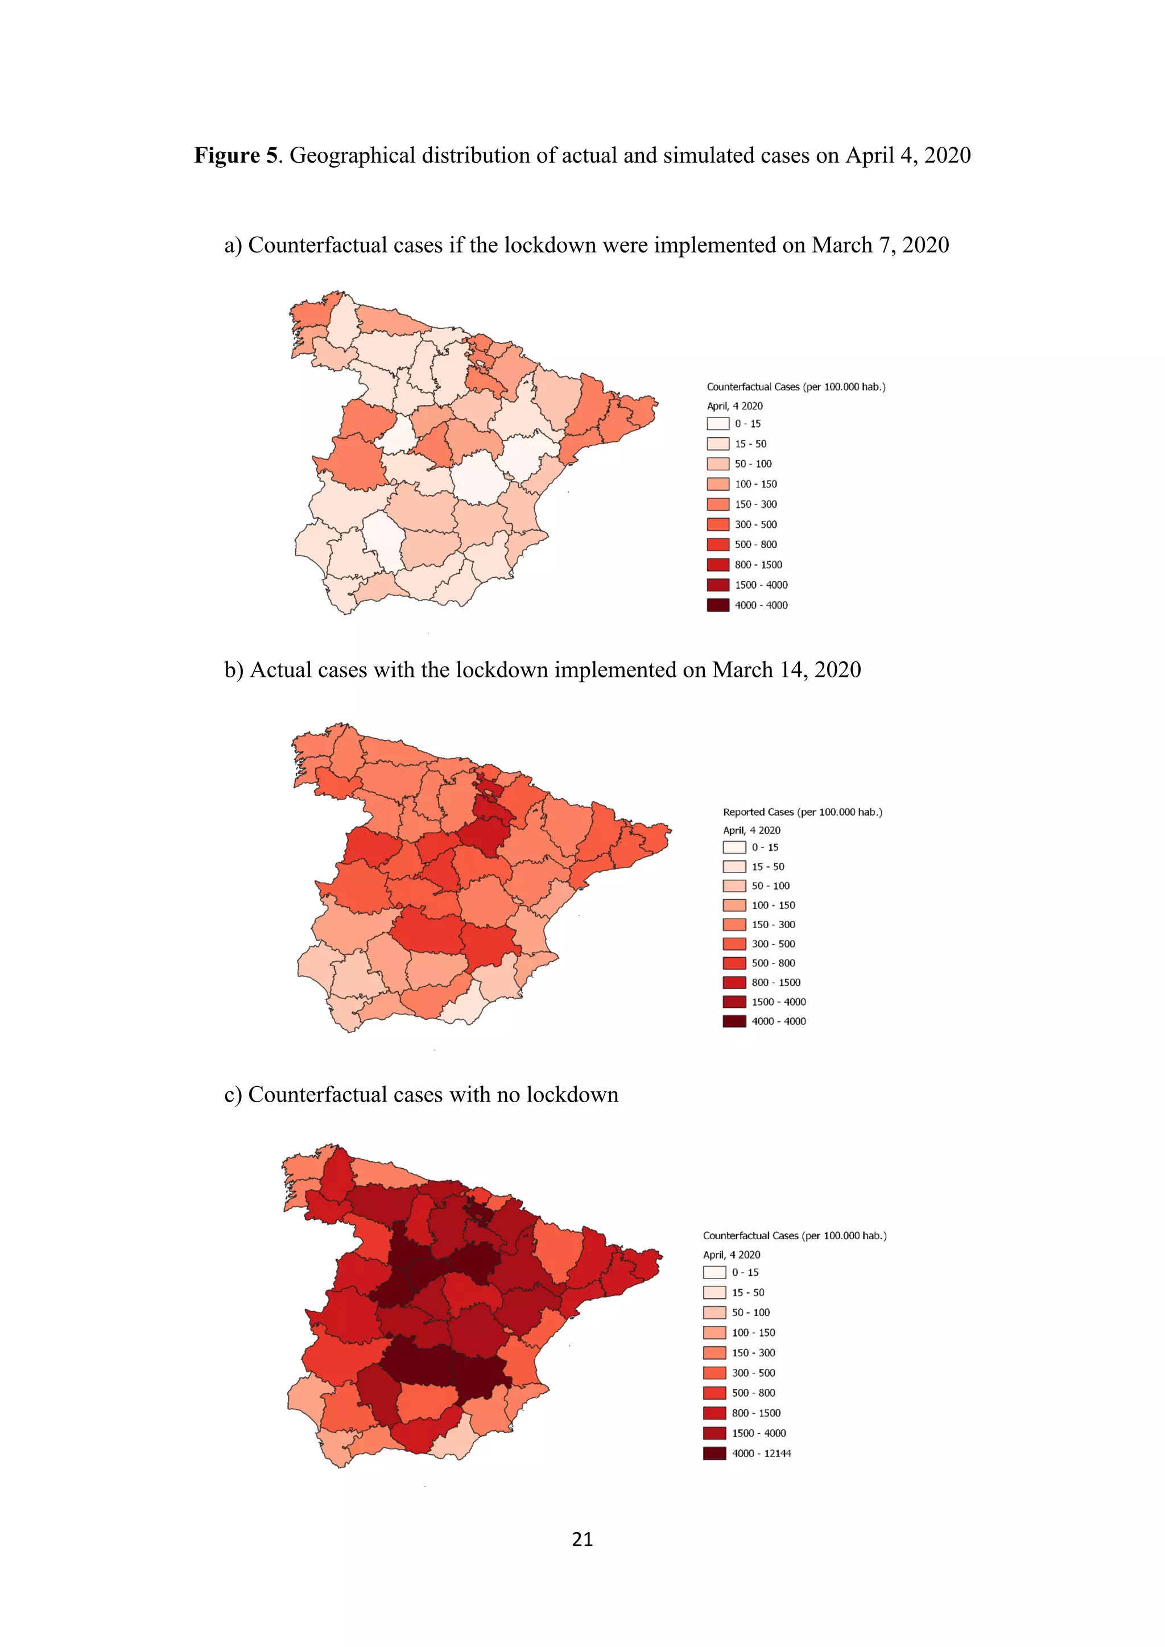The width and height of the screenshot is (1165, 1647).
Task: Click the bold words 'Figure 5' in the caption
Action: coord(236,156)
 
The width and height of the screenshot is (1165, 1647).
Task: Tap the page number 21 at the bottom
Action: coord(582,1539)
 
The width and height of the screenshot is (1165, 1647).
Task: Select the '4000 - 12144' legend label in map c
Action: coord(761,1453)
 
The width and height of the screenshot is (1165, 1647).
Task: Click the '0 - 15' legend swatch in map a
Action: coord(718,424)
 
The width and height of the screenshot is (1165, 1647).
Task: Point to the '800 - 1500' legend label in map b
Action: coord(775,983)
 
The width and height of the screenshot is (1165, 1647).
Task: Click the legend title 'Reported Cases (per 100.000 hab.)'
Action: coord(802,812)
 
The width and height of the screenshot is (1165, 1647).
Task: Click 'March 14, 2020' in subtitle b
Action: coord(786,670)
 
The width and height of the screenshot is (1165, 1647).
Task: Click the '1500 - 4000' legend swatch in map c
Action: coord(714,1433)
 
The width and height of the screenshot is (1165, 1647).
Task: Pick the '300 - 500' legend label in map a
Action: coord(755,524)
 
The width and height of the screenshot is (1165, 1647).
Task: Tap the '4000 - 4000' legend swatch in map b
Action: coord(734,1021)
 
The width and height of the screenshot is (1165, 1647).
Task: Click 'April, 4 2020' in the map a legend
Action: coord(734,406)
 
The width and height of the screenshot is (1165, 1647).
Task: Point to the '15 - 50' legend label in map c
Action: coord(748,1293)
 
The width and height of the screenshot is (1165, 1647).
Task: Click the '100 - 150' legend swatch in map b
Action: coord(734,905)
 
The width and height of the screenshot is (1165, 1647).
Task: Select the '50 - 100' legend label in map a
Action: coord(753,464)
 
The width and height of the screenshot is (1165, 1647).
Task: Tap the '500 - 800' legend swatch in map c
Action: coord(714,1393)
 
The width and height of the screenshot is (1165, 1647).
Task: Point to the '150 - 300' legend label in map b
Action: coord(773,925)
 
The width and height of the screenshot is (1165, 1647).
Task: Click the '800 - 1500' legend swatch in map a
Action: coord(718,565)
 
